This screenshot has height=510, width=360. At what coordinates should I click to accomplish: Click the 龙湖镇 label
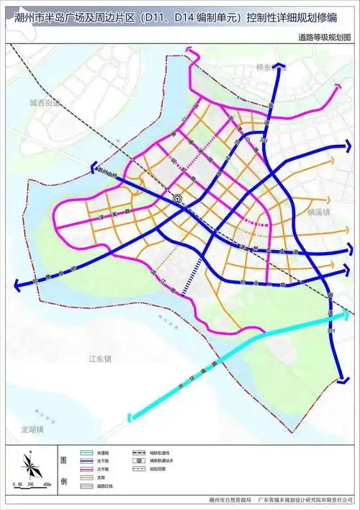(x=32, y=429)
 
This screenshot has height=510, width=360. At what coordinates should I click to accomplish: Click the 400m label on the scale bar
(x=46, y=485)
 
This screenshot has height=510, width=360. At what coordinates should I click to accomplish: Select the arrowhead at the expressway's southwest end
(x=130, y=416)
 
